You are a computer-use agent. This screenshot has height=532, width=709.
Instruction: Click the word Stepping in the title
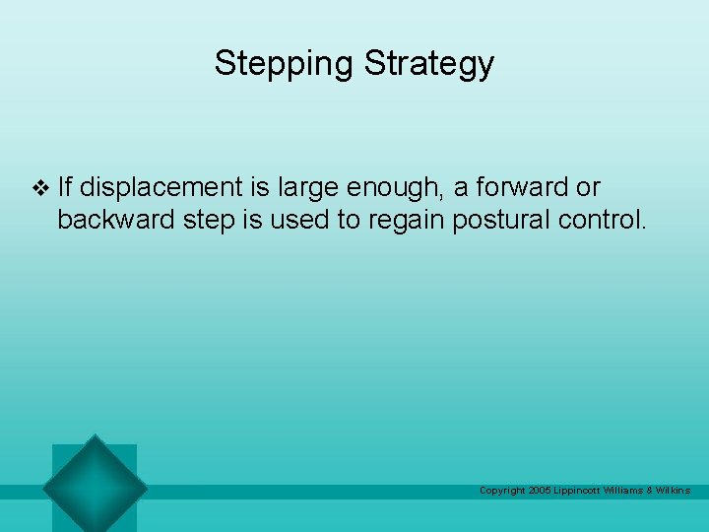[285, 64]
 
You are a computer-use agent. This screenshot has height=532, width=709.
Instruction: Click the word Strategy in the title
[428, 64]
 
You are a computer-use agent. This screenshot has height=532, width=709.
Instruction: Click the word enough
[393, 187]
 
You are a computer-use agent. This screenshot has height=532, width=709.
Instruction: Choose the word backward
[116, 219]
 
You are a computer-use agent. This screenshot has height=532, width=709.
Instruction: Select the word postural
[497, 219]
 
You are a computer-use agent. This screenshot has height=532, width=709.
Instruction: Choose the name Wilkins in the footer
[674, 491]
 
